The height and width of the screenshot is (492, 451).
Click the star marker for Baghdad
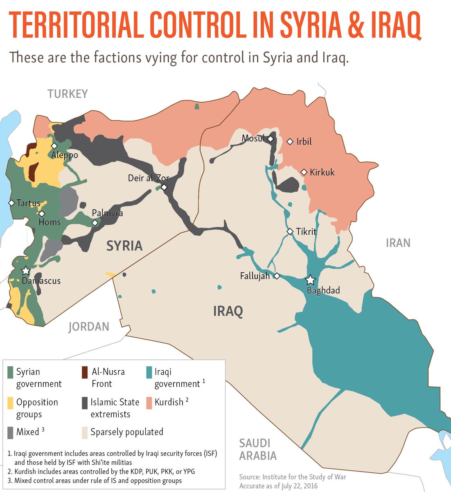pyautogui.click(x=311, y=280)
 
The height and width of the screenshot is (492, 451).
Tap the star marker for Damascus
pyautogui.click(x=26, y=271)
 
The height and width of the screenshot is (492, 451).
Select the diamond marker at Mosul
pyautogui.click(x=271, y=139)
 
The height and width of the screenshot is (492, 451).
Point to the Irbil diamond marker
pyautogui.click(x=290, y=141)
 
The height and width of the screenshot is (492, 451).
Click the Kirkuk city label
pyautogui.click(x=322, y=172)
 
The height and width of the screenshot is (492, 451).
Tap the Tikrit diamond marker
pyautogui.click(x=290, y=232)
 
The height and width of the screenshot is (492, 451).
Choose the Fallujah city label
pyautogui.click(x=255, y=276)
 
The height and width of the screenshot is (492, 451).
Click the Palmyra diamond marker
pyautogui.click(x=95, y=223)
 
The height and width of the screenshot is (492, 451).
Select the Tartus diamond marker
pyautogui.click(x=11, y=203)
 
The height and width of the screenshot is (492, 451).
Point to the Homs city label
pyautogui.click(x=50, y=222)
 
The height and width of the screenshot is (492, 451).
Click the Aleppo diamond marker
pyautogui.click(x=54, y=146)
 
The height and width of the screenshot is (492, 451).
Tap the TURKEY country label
pyautogui.click(x=68, y=94)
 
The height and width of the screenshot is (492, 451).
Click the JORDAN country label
pyautogui.click(x=89, y=326)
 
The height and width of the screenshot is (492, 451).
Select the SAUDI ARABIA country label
pyautogui.click(x=258, y=449)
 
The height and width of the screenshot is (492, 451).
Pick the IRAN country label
pyautogui.click(x=398, y=243)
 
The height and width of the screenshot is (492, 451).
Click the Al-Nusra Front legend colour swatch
pyautogui.click(x=85, y=372)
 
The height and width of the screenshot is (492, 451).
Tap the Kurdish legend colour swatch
pyautogui.click(x=148, y=403)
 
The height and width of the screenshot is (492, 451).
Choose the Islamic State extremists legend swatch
pyautogui.click(x=85, y=403)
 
